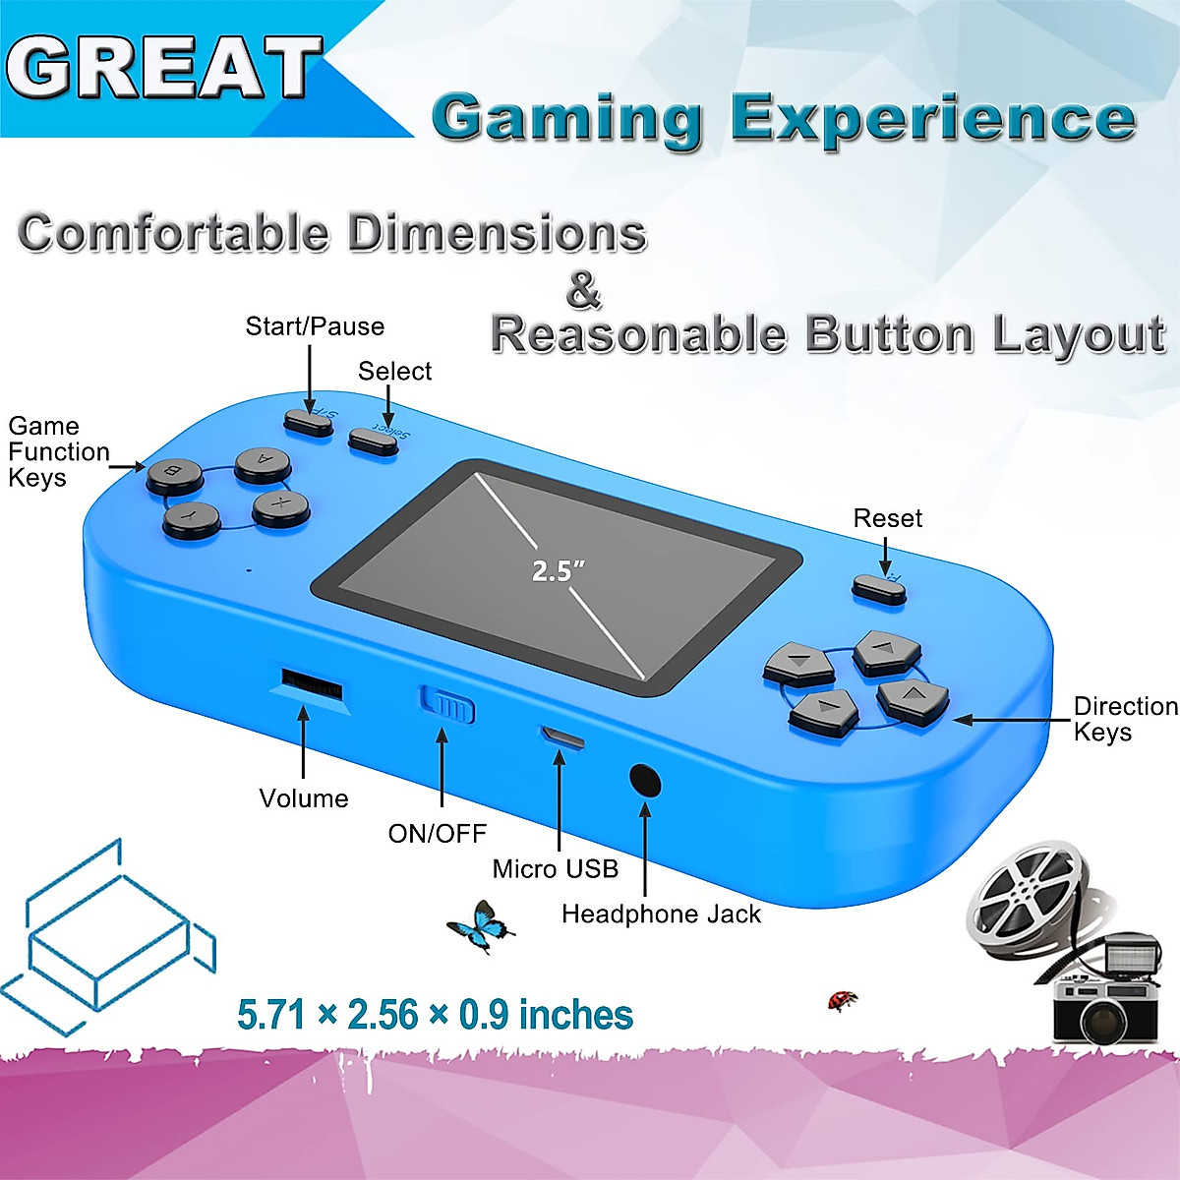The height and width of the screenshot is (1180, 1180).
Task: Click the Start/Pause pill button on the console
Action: click(x=309, y=421)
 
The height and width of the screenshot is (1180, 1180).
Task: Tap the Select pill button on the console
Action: click(x=374, y=441)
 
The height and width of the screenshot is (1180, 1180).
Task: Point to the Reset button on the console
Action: click(x=878, y=587)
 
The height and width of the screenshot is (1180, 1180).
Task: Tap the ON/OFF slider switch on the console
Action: click(x=448, y=704)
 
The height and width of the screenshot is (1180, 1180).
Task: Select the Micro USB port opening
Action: click(x=560, y=737)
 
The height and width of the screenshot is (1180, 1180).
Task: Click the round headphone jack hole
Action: click(x=645, y=781)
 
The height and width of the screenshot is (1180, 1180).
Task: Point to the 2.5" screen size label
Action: click(x=558, y=570)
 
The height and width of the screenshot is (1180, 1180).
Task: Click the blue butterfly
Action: click(x=480, y=926)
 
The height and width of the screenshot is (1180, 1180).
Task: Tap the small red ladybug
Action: click(x=843, y=1001)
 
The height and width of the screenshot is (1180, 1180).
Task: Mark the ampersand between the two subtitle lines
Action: click(x=583, y=290)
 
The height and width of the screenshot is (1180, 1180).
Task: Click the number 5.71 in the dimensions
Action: click(x=271, y=1015)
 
